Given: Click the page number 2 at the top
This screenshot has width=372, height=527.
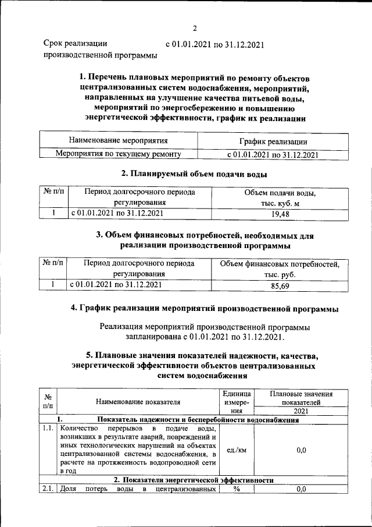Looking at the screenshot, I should coord(195,27).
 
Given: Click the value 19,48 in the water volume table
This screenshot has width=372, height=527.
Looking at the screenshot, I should coord(280,214).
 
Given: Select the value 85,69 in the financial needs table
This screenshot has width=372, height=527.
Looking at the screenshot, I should coord(280,285).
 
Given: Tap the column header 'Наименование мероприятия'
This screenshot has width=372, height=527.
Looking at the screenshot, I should coord(118,141).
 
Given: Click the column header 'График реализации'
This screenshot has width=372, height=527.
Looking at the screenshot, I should coord(273,142).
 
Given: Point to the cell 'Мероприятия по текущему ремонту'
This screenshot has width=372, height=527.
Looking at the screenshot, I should coord(118,154).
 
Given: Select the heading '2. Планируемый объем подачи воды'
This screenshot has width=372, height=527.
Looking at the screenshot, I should coord(194,173).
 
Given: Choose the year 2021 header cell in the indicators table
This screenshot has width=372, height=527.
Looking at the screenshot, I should coord(301,411).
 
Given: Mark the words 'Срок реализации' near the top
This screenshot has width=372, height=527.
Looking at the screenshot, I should coord(76,43).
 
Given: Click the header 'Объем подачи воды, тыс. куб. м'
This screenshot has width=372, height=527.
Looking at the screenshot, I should coord(280,197).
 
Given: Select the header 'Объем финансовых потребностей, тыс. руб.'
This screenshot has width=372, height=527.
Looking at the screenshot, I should coord(280,269).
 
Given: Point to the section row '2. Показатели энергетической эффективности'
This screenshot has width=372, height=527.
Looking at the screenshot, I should coord(193,480).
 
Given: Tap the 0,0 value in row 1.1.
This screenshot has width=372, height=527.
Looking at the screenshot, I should coord(301,450).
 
